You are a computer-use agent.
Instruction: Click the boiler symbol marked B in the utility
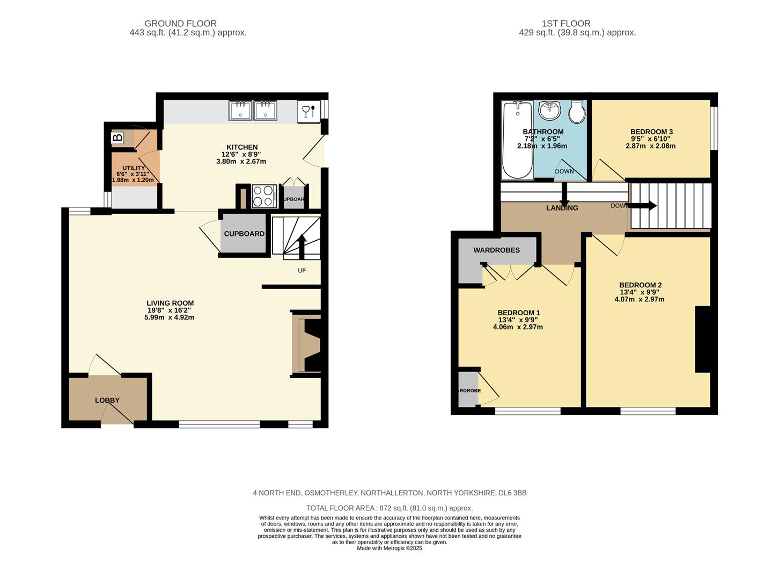click(117, 138)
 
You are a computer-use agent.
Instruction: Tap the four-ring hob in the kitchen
click(264, 196)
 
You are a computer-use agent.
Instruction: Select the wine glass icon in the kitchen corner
click(308, 112)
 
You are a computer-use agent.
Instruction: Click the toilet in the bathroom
click(577, 112)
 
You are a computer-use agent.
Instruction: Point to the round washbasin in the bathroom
click(549, 110)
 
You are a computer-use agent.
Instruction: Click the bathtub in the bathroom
click(517, 140)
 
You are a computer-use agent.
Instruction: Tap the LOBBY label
click(107, 400)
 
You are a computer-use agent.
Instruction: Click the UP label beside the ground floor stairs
click(302, 271)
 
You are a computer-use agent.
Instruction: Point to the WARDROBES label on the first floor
click(496, 250)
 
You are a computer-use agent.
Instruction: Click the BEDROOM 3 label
click(651, 132)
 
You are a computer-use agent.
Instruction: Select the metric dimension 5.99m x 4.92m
click(169, 317)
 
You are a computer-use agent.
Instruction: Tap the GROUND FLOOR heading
click(180, 24)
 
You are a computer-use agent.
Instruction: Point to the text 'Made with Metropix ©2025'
click(389, 548)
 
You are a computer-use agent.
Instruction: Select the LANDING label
click(562, 208)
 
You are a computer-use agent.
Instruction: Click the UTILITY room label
click(134, 168)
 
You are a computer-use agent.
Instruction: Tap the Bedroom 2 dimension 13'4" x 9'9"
click(640, 292)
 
